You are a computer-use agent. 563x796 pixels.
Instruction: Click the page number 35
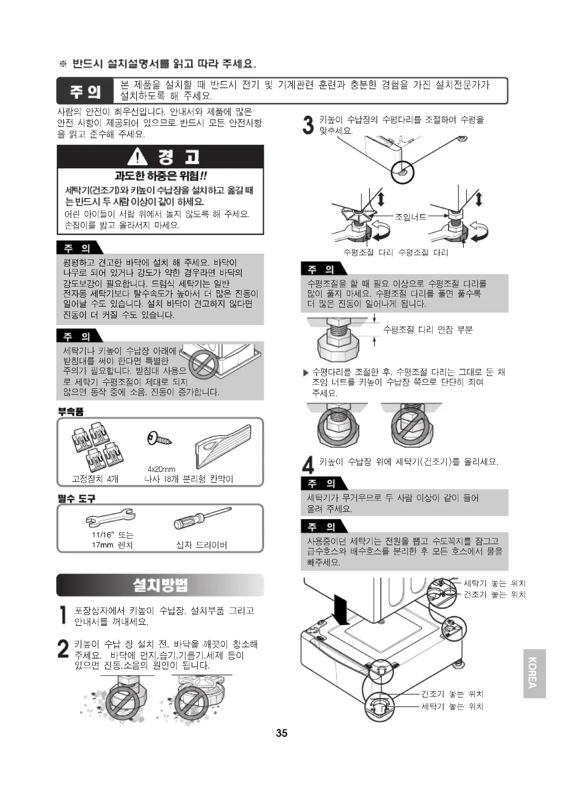[281, 733]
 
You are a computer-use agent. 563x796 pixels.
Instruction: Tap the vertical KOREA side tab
[534, 673]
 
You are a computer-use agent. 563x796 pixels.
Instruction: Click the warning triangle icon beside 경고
[137, 157]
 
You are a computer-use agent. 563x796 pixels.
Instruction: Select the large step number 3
[308, 125]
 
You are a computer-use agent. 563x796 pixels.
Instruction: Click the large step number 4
[308, 465]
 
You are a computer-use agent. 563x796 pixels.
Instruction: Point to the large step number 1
[63, 615]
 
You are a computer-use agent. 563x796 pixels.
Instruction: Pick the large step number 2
[63, 649]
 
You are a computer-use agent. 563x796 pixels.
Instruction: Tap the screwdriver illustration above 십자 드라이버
[203, 518]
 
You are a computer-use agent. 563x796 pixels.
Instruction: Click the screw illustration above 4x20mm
[159, 439]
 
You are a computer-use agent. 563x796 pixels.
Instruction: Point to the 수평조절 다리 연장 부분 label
[428, 329]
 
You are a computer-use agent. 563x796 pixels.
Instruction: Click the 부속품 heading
[71, 411]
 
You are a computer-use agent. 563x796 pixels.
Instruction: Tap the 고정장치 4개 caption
[95, 479]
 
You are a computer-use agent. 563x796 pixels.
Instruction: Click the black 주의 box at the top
[85, 91]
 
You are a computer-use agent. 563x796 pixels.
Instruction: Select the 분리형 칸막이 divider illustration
[223, 448]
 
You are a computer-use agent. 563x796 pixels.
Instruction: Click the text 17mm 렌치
[112, 545]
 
